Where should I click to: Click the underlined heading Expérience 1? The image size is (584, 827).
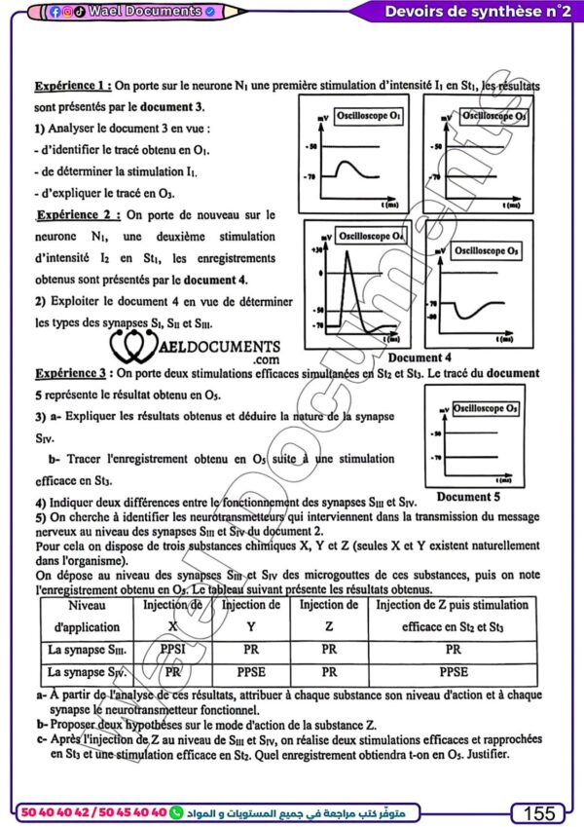(73, 86)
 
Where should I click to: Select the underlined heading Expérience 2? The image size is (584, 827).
(79, 213)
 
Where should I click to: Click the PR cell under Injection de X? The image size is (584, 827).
(171, 671)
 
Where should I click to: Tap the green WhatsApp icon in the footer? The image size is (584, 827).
(176, 811)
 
